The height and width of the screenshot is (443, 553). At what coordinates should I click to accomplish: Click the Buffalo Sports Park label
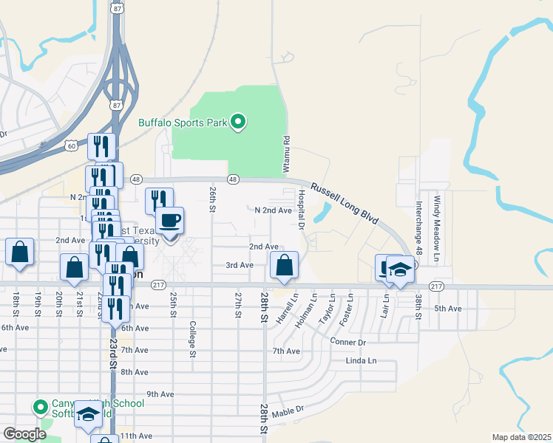(x=183, y=123)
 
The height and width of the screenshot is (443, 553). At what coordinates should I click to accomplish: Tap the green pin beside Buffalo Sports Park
(x=238, y=122)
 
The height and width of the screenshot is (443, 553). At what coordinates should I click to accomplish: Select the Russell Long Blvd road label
(x=344, y=205)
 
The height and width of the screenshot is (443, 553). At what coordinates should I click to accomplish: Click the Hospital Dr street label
(x=302, y=209)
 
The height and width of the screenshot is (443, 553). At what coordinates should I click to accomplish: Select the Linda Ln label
(x=361, y=361)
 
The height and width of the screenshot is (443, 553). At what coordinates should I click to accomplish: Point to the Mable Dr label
(x=288, y=411)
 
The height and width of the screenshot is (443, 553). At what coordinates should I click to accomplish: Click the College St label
(x=192, y=339)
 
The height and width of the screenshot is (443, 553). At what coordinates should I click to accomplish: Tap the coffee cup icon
(x=170, y=219)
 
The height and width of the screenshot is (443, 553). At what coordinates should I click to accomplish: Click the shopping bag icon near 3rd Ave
(x=284, y=264)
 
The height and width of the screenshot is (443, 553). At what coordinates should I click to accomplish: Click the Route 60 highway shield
(x=70, y=146)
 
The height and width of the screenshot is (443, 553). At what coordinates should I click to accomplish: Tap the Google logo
(x=24, y=434)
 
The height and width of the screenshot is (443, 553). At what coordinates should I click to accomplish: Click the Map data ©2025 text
(x=521, y=437)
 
